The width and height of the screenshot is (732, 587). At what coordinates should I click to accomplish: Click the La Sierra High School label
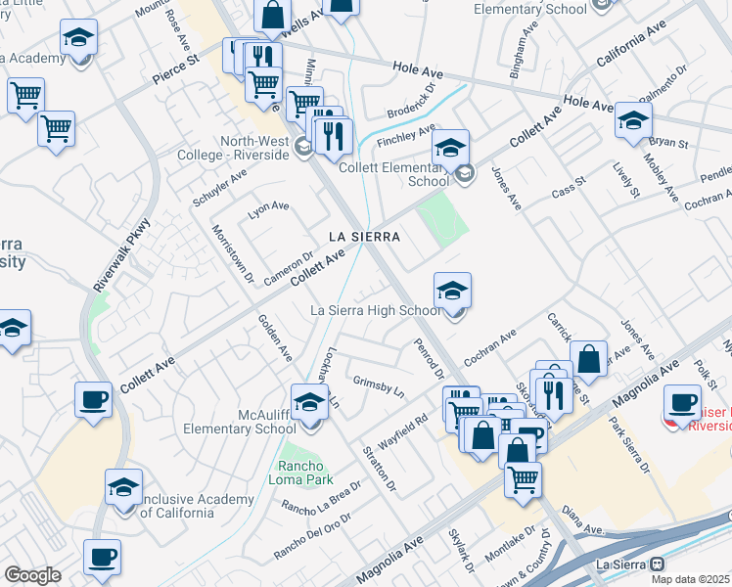(375, 310)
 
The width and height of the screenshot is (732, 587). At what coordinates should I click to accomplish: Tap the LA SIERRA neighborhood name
(365, 237)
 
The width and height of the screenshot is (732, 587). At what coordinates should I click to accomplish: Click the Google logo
(32, 574)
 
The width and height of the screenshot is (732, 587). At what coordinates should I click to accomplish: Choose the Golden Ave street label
(275, 336)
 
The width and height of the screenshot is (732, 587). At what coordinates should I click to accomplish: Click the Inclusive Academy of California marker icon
(124, 489)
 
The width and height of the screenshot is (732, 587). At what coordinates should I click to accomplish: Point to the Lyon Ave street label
(268, 206)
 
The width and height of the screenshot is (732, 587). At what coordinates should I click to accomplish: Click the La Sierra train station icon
(658, 564)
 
